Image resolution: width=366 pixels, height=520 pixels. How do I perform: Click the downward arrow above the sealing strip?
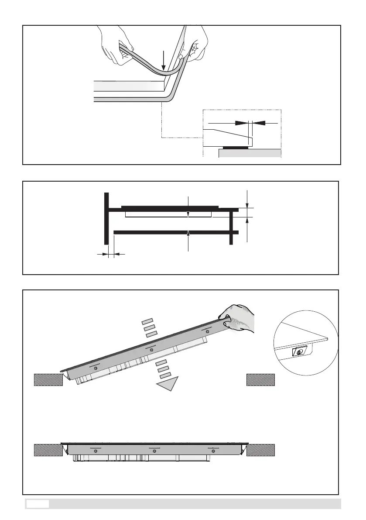tap(163, 61)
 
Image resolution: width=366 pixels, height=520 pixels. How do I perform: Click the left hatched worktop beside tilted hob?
tap(48, 379)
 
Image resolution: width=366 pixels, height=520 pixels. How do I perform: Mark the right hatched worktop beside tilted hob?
tap(260, 379)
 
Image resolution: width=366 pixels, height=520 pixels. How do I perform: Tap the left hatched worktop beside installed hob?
tap(48, 449)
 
